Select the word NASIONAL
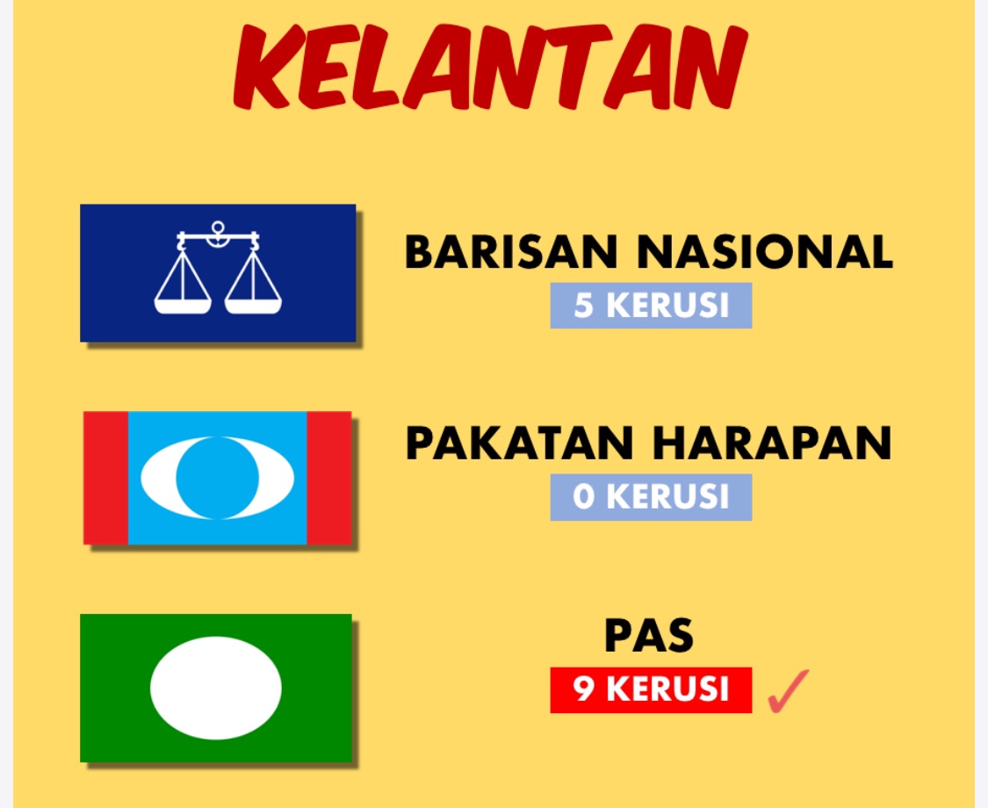[x=765, y=252]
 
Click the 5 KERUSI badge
[x=651, y=306]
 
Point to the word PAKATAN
[x=519, y=443]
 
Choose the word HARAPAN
[x=772, y=443]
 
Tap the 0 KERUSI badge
[x=651, y=497]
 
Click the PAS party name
[x=649, y=635]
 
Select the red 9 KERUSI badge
[x=651, y=689]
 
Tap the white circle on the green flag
[x=215, y=688]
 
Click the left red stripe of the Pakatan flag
[x=106, y=478]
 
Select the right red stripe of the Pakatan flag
[x=329, y=478]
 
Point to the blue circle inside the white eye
[x=218, y=478]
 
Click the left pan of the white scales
[x=183, y=307]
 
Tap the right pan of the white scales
[x=253, y=307]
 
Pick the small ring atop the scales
[x=218, y=227]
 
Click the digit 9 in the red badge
[x=583, y=689]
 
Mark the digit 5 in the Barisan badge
[x=583, y=306]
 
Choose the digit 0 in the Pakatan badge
[x=583, y=497]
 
